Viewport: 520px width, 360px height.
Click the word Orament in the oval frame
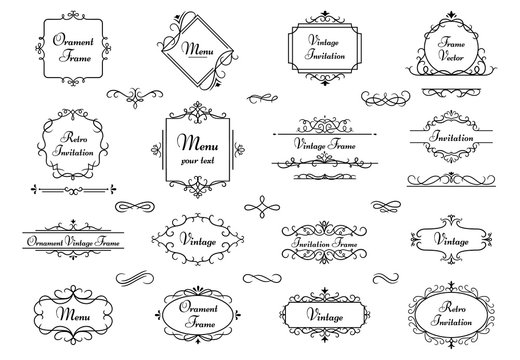tap(195, 307)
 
